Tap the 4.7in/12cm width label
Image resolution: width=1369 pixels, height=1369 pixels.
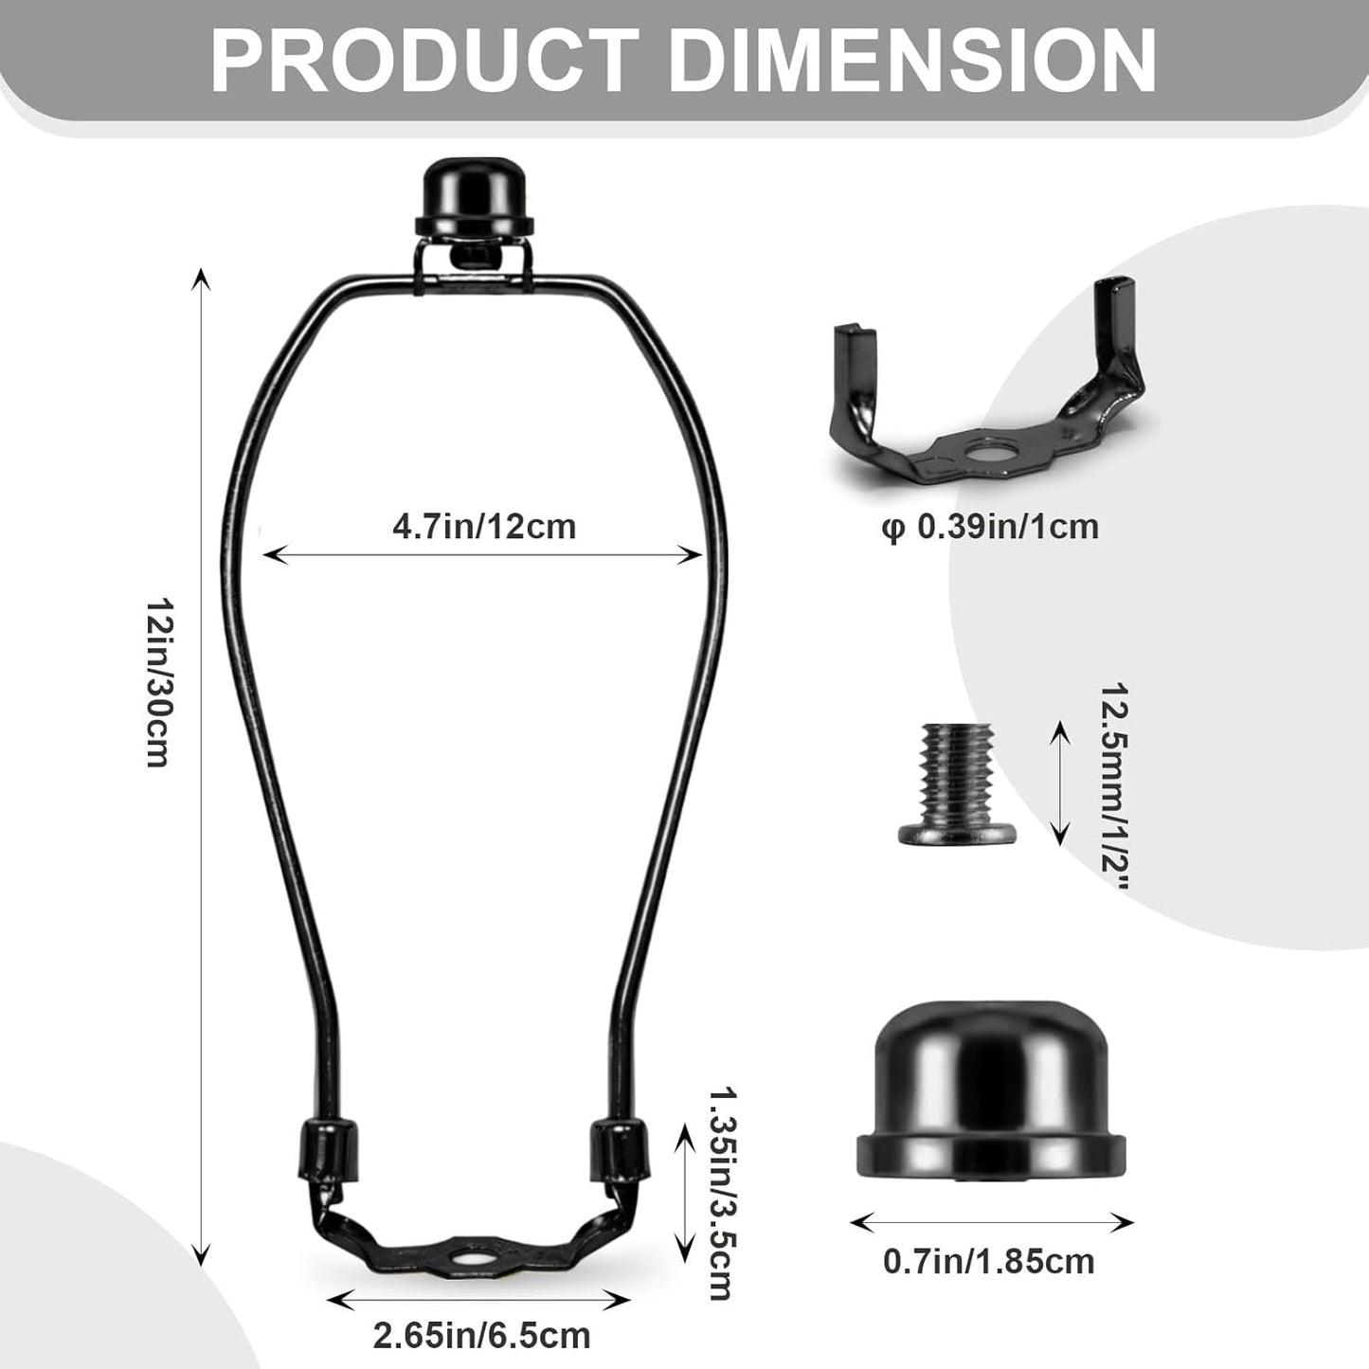(484, 527)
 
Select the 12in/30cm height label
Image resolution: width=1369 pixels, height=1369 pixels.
(159, 682)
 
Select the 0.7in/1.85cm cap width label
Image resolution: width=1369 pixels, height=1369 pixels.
(989, 1261)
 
